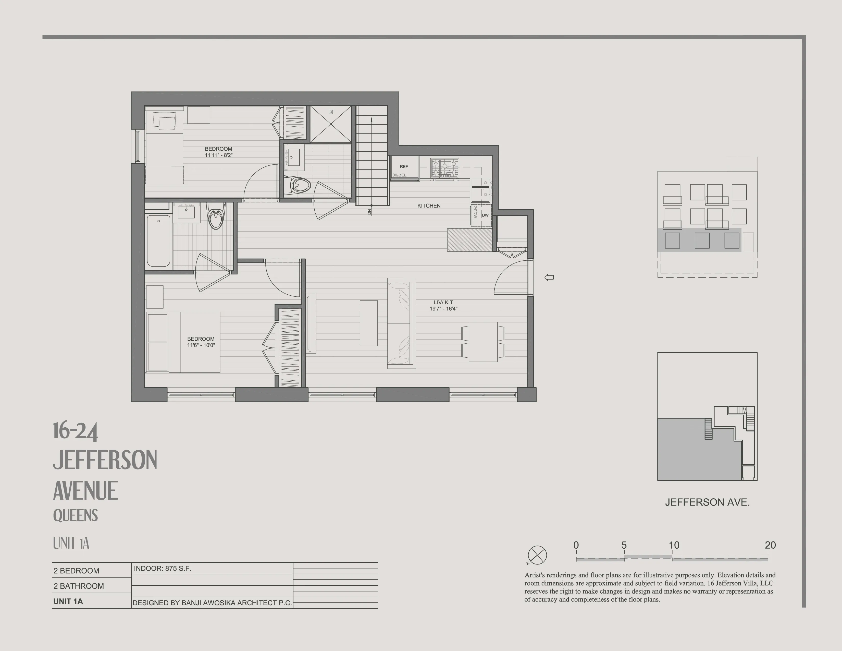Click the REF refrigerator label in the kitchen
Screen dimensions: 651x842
coord(404,167)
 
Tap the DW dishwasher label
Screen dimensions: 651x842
coord(485,215)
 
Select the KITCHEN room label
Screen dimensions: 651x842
coord(429,206)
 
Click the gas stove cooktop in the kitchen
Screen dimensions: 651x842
coord(445,168)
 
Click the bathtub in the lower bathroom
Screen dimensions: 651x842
coord(158,241)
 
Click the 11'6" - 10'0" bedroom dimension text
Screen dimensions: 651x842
coord(201,345)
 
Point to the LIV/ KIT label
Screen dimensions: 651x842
coord(443,302)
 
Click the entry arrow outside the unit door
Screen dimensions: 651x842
coord(549,277)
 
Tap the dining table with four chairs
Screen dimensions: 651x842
coord(483,342)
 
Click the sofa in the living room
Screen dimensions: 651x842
coord(401,323)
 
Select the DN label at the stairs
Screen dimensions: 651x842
coord(369,212)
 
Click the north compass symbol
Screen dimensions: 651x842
coord(537,555)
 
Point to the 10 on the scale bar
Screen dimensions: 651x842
coord(674,545)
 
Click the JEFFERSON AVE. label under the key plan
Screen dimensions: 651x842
coord(707,502)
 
